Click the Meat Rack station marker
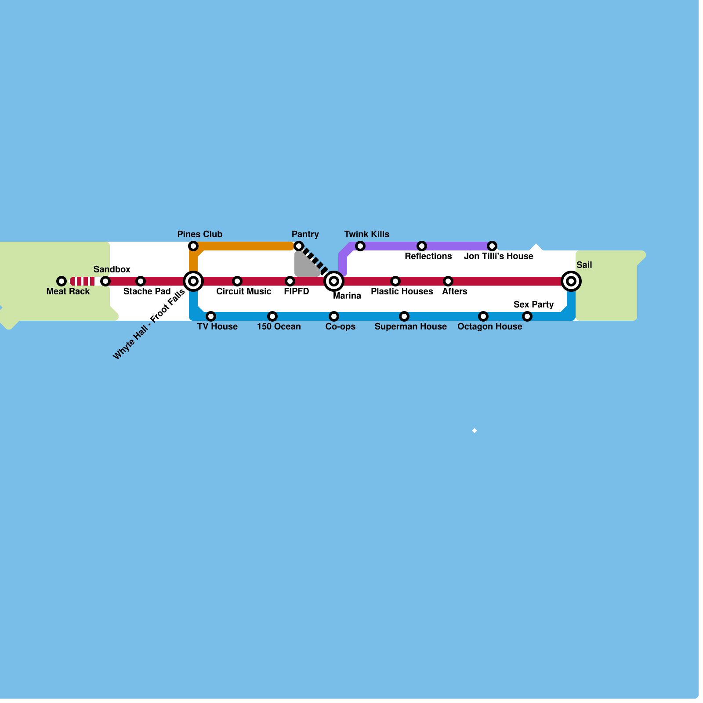pos(62,281)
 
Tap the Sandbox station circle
pos(105,281)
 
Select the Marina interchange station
pos(334,281)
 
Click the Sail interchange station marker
pos(571,281)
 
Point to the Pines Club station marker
pos(193,246)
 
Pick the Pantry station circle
pos(299,246)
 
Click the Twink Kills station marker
pos(360,246)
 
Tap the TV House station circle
pos(211,316)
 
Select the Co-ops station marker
pos(334,316)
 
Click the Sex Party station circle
pos(527,316)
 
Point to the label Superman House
pos(410,326)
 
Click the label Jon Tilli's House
pos(498,256)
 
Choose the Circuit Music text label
pos(243,291)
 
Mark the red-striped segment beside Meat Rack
pos(83,281)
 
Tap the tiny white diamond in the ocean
pos(475,431)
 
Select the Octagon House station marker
pos(483,316)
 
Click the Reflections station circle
pos(422,246)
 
